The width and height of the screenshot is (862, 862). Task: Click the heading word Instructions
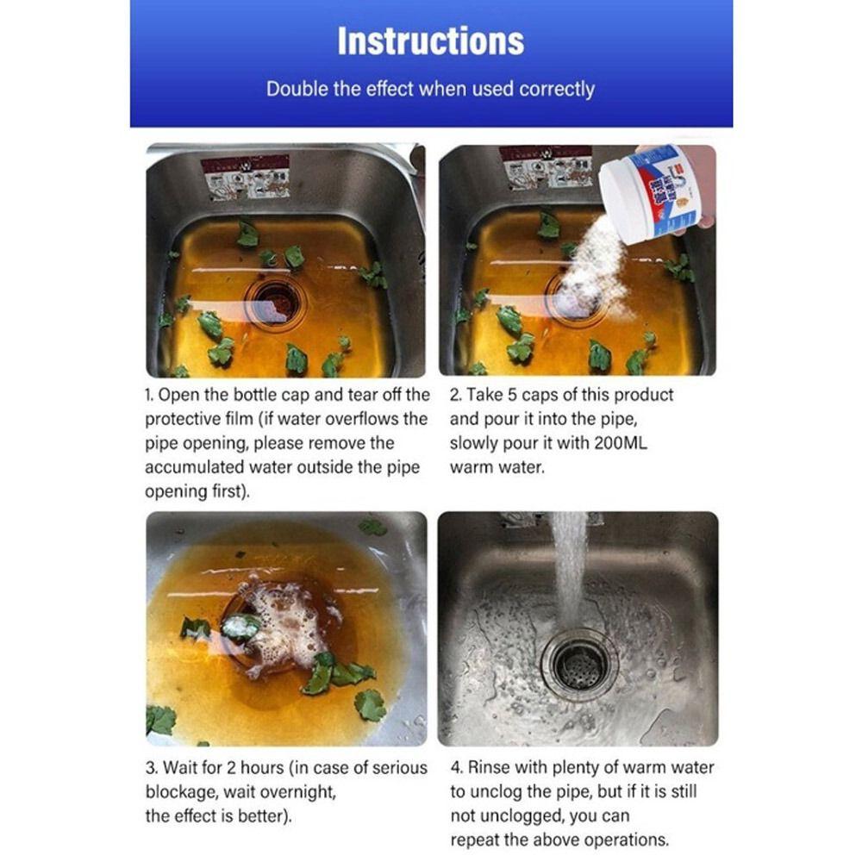pyautogui.click(x=430, y=41)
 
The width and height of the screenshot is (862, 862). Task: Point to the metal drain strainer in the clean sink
pyautogui.click(x=579, y=665)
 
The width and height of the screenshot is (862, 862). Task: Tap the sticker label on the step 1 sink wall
pyautogui.click(x=245, y=177)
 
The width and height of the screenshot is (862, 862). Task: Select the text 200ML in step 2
pyautogui.click(x=621, y=443)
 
